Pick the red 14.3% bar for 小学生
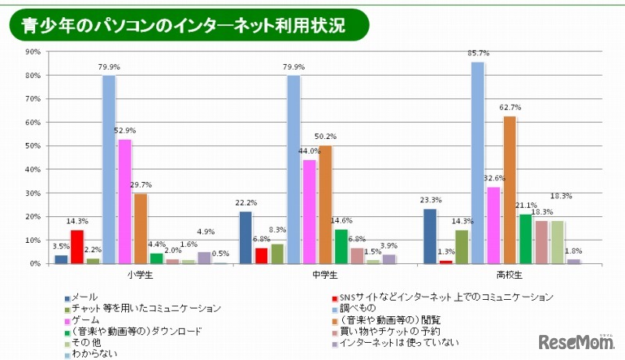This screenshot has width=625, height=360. [x=77, y=247]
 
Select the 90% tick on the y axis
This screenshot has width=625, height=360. [x=34, y=52]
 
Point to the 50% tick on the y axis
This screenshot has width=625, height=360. [x=34, y=146]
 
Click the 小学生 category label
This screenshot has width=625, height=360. [x=139, y=276]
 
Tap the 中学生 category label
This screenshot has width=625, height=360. [x=324, y=276]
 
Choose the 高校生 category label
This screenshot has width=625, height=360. [x=509, y=276]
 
